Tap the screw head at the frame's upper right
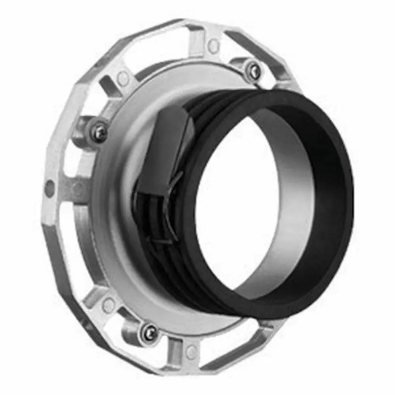(x=254, y=70)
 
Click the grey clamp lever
(x=163, y=148)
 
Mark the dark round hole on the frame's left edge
(x=49, y=188)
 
